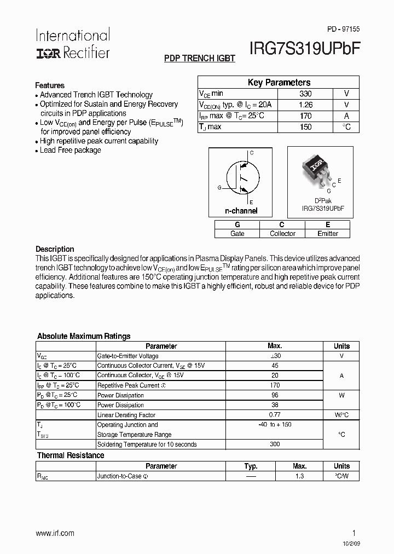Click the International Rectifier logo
click(x=73, y=44)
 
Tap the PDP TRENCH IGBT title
click(x=200, y=58)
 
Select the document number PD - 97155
click(x=343, y=28)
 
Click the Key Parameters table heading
click(x=279, y=82)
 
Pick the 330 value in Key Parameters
click(x=305, y=94)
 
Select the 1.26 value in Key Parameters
click(x=305, y=105)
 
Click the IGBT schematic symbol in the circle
click(x=241, y=177)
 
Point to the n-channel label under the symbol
click(x=241, y=211)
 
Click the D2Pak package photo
click(x=317, y=169)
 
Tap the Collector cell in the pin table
click(x=282, y=234)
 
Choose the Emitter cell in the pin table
click(x=328, y=234)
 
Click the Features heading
click(x=50, y=85)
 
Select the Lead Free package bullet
click(x=70, y=150)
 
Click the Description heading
click(x=55, y=249)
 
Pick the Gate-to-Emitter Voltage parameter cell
click(x=128, y=356)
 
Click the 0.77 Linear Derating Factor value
click(x=275, y=415)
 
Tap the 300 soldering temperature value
click(x=275, y=444)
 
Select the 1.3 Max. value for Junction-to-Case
click(x=299, y=476)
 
